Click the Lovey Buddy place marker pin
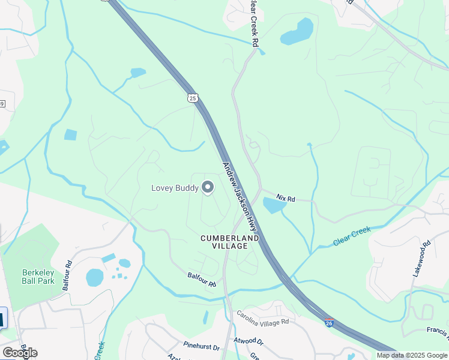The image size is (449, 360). (x=208, y=188)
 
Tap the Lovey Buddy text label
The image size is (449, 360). (x=174, y=188)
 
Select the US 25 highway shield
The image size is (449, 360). (x=192, y=98)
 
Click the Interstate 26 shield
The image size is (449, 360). (x=329, y=323)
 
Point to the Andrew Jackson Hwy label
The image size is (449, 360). (x=240, y=197)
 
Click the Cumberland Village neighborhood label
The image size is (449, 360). (x=229, y=242)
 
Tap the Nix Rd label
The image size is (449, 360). (x=286, y=197)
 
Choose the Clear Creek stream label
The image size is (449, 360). (x=352, y=236)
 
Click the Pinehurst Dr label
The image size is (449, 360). (x=202, y=347)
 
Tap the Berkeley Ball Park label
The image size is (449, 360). (x=38, y=277)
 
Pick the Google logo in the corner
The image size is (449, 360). (x=20, y=352)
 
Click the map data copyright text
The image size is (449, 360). (x=412, y=355)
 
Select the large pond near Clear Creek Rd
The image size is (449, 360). (x=297, y=32)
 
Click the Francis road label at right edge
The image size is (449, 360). (x=438, y=331)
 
